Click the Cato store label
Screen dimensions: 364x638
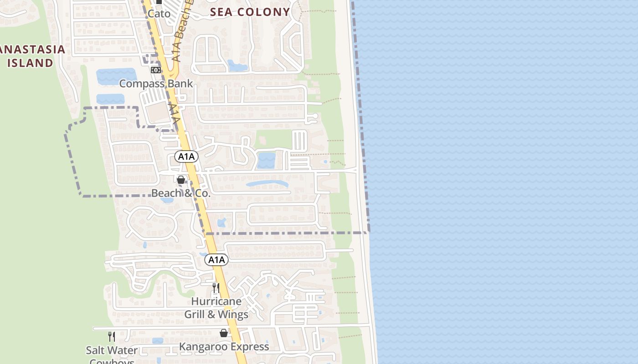click(159, 14)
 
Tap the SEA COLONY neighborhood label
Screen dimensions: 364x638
click(250, 12)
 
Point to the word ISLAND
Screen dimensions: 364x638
click(31, 63)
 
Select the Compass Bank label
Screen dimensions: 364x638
click(156, 84)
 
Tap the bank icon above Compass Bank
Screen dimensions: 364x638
click(156, 70)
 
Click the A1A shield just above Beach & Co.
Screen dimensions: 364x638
click(186, 157)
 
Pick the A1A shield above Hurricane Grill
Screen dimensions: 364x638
click(216, 260)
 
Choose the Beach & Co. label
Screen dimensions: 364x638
click(181, 193)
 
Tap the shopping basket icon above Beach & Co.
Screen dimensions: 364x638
click(181, 180)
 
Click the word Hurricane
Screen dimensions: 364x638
click(216, 301)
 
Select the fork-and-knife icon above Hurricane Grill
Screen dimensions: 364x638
click(216, 288)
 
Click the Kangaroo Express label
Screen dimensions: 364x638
click(224, 347)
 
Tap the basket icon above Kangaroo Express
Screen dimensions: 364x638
click(224, 333)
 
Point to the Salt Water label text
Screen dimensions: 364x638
click(112, 350)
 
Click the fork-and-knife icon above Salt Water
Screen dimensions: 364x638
click(112, 337)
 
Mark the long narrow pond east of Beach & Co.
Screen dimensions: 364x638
click(267, 184)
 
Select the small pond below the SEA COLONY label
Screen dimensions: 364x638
click(237, 66)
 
